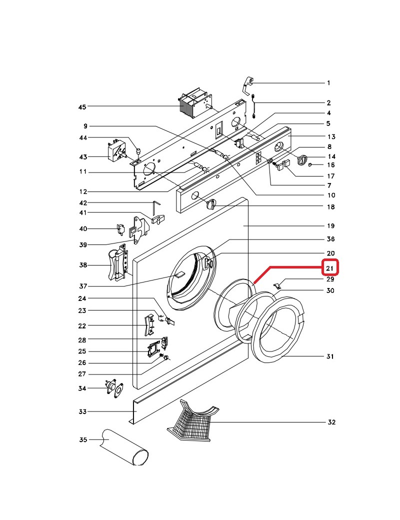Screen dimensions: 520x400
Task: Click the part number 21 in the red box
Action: click(x=330, y=268)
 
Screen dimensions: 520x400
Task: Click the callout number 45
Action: click(x=82, y=107)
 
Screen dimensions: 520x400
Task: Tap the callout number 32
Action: click(x=330, y=422)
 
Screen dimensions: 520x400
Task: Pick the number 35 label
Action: click(x=83, y=440)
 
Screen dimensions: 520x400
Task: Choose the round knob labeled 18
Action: click(x=211, y=203)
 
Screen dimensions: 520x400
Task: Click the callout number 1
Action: click(x=328, y=83)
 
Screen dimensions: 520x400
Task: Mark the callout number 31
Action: click(x=330, y=356)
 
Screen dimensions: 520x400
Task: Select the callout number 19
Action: click(x=330, y=226)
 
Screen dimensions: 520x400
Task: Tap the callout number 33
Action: click(x=82, y=412)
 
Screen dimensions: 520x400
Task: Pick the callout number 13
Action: click(x=330, y=137)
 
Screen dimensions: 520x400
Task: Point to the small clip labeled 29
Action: click(x=277, y=285)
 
